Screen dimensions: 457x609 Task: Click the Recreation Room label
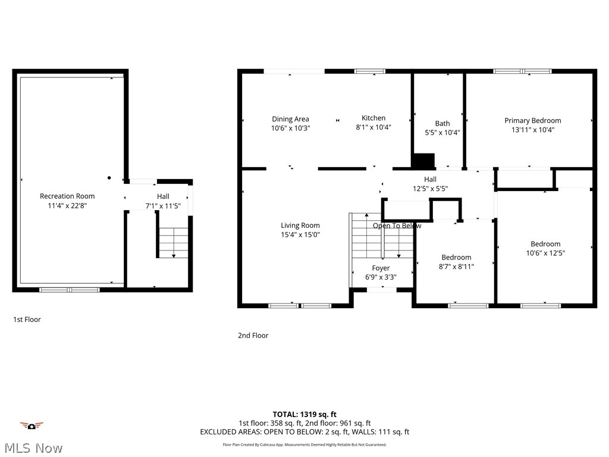[67, 196]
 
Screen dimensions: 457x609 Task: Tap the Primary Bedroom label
[532, 120]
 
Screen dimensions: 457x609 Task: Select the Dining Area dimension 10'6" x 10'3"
[290, 128]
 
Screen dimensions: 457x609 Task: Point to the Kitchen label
[373, 118]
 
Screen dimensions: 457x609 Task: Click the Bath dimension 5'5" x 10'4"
[442, 133]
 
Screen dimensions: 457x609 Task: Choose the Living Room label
[300, 225]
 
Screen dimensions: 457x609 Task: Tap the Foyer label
[381, 268]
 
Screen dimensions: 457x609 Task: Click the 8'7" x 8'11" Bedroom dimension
[456, 267]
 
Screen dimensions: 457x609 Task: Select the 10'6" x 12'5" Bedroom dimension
[545, 253]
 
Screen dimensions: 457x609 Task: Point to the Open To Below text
[397, 226]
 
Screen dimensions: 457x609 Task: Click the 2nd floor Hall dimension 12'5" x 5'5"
[430, 189]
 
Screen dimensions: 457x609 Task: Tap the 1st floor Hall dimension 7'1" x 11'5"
[163, 206]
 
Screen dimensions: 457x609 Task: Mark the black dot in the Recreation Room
[109, 177]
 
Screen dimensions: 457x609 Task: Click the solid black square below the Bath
[423, 161]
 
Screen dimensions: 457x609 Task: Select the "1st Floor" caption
[27, 320]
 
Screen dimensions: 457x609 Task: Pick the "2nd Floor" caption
[253, 336]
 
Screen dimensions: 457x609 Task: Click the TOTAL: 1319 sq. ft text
[304, 414]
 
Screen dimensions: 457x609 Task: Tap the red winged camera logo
[32, 425]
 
